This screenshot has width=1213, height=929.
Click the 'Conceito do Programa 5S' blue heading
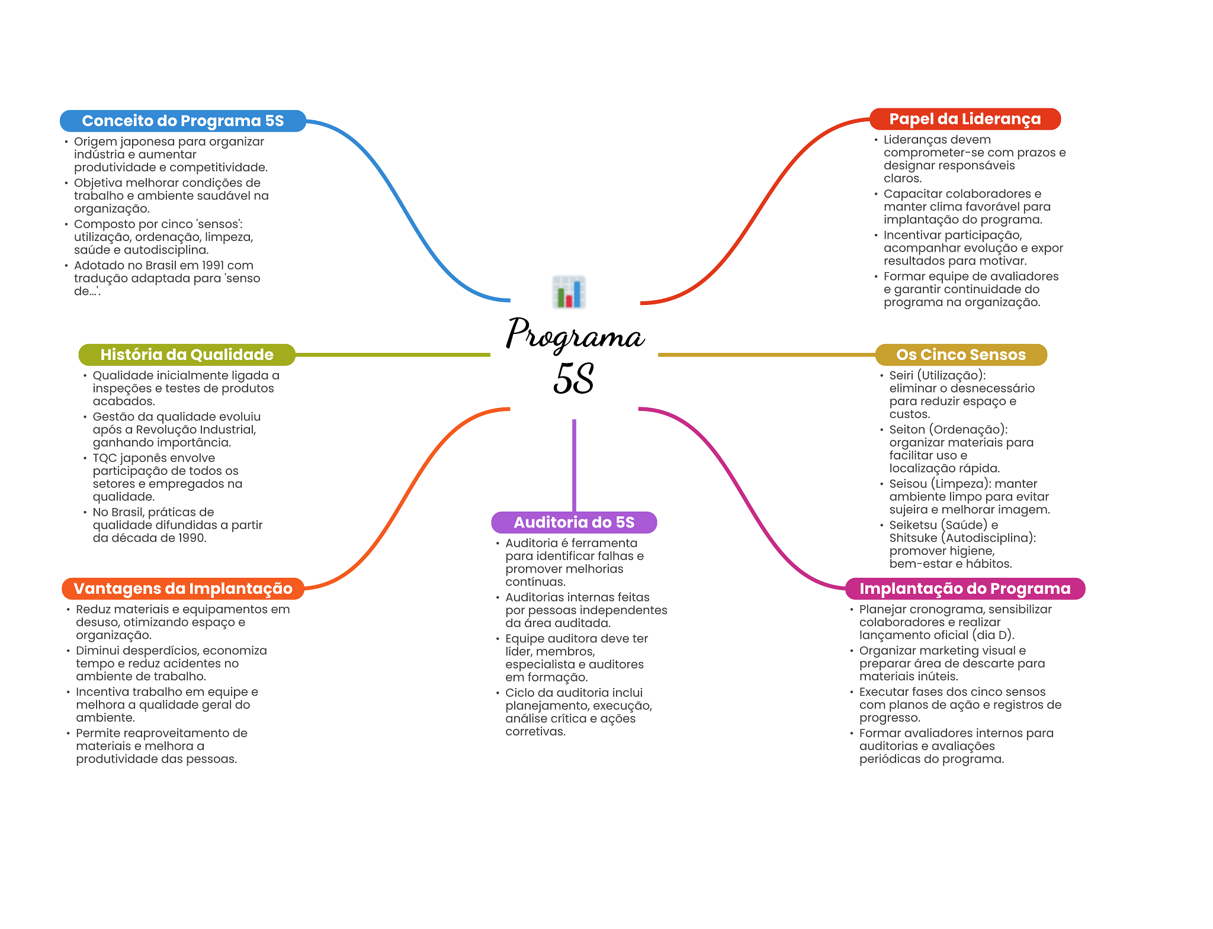click(183, 121)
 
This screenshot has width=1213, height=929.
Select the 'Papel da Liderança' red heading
click(965, 119)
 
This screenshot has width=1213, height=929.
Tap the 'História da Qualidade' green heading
click(187, 355)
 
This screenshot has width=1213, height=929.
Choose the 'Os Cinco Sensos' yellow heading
click(961, 355)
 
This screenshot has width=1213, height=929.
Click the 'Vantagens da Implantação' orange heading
click(183, 589)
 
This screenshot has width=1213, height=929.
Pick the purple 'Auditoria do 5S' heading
click(574, 522)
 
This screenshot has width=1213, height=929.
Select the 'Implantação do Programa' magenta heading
click(965, 589)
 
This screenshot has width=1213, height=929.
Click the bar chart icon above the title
click(569, 292)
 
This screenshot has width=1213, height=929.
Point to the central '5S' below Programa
click(573, 379)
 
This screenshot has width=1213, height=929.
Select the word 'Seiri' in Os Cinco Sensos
click(901, 375)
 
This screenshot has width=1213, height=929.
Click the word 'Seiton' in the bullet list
click(907, 430)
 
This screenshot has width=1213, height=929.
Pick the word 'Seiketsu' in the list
click(913, 525)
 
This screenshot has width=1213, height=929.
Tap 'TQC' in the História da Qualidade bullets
click(105, 458)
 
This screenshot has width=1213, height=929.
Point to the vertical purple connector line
click(574, 465)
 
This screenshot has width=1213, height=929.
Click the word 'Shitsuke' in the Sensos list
click(913, 538)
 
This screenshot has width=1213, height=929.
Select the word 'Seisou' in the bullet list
click(908, 484)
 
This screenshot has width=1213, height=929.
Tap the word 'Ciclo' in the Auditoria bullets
click(519, 693)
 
